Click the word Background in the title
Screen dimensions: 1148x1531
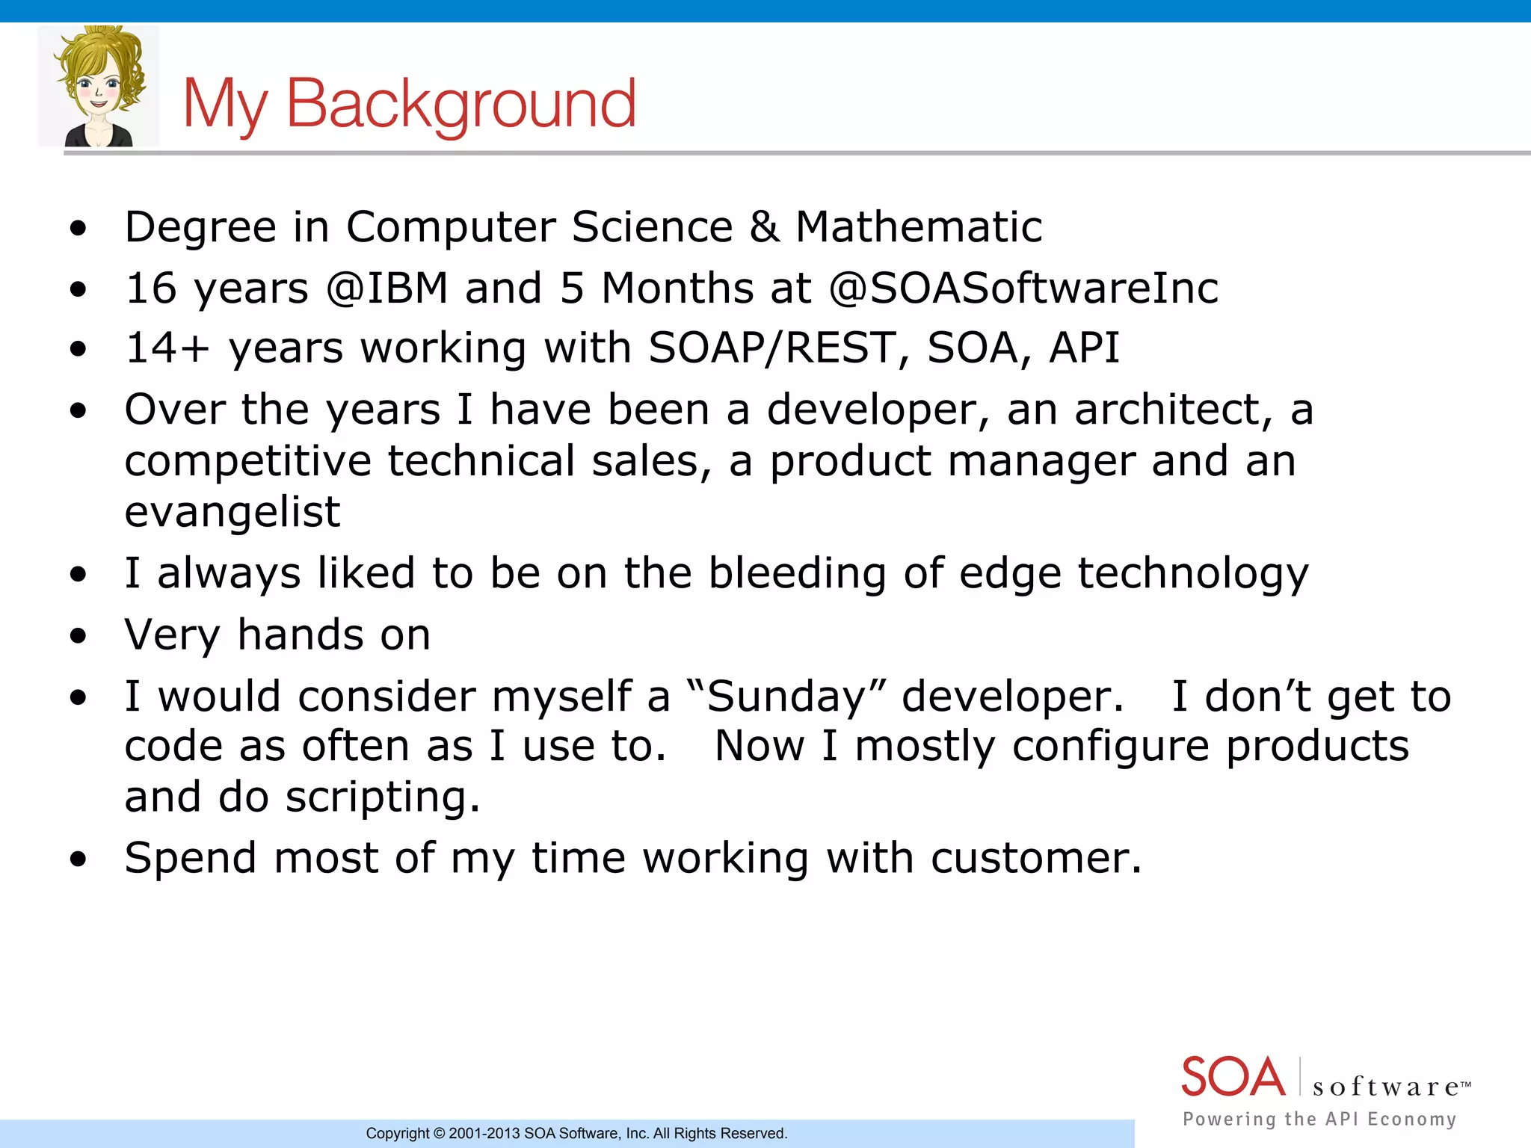point(461,105)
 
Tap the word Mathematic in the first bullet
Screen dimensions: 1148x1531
point(919,227)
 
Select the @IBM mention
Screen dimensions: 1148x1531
point(386,288)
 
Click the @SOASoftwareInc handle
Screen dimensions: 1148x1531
point(1023,288)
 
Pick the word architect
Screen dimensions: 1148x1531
point(1173,410)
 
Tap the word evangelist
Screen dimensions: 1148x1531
point(232,513)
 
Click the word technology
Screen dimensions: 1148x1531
point(1193,575)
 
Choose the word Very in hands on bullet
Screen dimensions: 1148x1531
point(172,635)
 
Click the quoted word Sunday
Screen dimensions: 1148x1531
point(786,697)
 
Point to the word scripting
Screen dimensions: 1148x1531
point(383,797)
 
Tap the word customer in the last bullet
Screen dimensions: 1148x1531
point(1035,858)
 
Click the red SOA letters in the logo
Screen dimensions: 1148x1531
point(1233,1077)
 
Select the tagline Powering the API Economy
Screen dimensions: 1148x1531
point(1319,1119)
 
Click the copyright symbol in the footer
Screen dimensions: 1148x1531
point(440,1134)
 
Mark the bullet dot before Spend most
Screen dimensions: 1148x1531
point(78,860)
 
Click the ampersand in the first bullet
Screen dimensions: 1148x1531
point(764,227)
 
